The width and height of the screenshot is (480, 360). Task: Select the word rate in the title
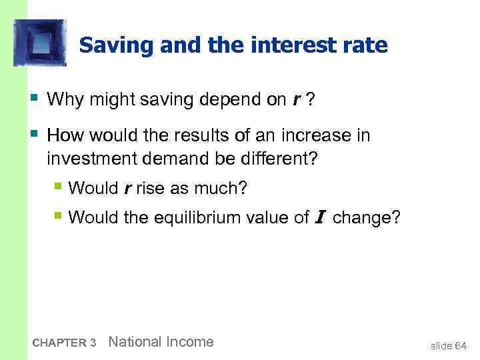[365, 45]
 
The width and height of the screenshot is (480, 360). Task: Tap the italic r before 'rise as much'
[127, 189]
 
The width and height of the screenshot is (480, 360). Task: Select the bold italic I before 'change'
[320, 217]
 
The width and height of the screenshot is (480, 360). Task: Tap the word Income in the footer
[189, 342]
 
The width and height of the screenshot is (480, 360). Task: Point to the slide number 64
[460, 345]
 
